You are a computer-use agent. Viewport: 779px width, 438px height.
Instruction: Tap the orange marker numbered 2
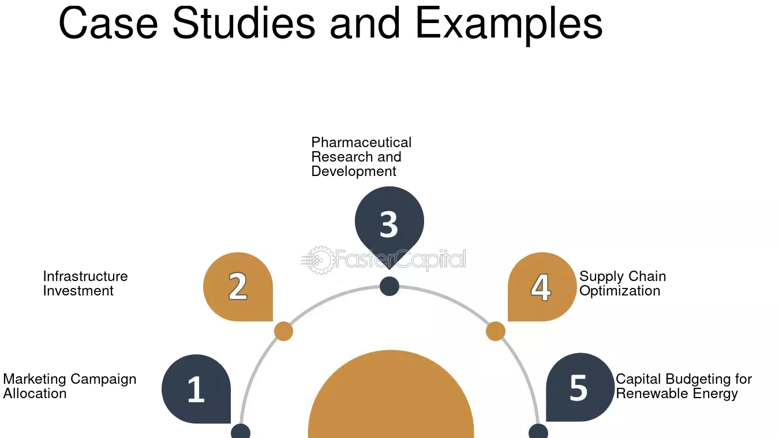click(x=238, y=287)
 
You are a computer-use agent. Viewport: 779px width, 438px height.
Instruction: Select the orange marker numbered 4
click(x=542, y=287)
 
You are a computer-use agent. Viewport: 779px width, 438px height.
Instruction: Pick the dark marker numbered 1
click(x=196, y=389)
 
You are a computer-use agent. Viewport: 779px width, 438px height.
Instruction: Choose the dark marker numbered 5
click(x=580, y=388)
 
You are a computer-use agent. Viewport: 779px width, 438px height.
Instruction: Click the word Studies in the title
click(x=244, y=23)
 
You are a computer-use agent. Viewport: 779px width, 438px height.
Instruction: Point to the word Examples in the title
click(x=509, y=25)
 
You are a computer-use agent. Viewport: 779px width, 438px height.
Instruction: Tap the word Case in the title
click(x=108, y=23)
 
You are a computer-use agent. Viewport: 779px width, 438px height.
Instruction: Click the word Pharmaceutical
click(x=361, y=143)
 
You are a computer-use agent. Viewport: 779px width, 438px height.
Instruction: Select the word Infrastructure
click(x=85, y=276)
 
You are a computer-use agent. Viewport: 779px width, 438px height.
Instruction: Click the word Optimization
click(x=620, y=291)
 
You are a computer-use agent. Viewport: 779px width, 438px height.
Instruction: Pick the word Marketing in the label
click(x=35, y=380)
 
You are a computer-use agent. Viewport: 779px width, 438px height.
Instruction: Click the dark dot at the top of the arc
click(x=389, y=286)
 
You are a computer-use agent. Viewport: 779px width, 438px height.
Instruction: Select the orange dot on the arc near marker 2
click(x=283, y=331)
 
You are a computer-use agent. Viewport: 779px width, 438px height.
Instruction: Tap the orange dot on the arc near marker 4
click(x=496, y=331)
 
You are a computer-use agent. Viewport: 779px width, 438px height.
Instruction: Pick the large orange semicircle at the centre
click(x=391, y=394)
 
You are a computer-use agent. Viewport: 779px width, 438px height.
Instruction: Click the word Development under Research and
click(x=354, y=171)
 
